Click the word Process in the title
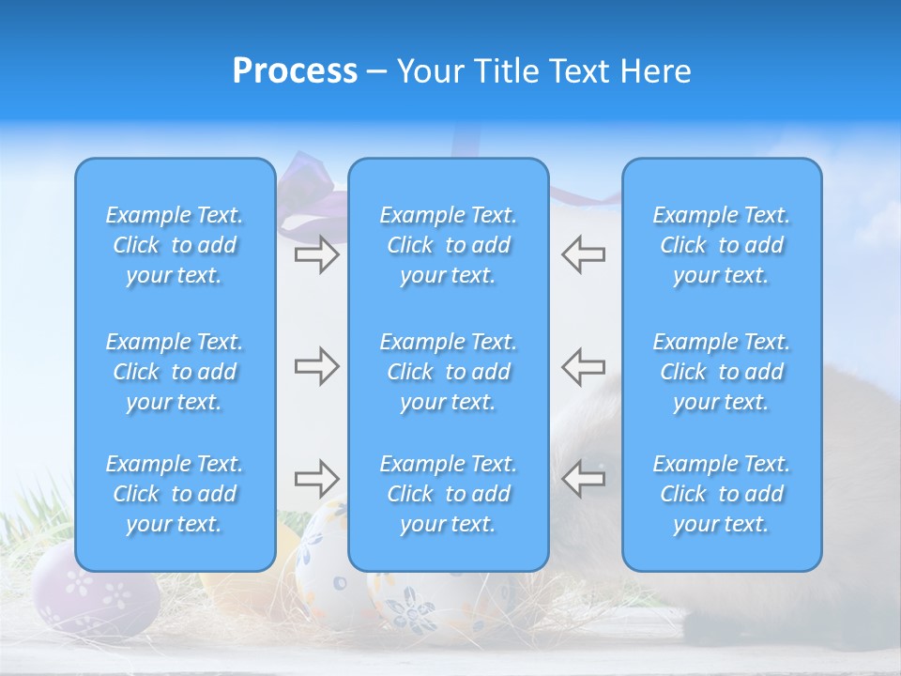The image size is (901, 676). (x=295, y=71)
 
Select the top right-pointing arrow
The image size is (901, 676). (x=316, y=254)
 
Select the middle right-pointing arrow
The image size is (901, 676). (x=316, y=366)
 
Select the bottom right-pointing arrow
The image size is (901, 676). (x=316, y=479)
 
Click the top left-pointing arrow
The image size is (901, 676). (x=583, y=254)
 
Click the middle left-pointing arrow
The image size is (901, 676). (x=583, y=366)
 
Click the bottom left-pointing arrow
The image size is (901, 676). (x=583, y=479)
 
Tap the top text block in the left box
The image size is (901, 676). (x=175, y=245)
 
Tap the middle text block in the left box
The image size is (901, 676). (x=175, y=372)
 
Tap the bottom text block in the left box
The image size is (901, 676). (x=175, y=494)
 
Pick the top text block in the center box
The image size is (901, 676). (x=448, y=245)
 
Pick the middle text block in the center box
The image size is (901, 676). (x=448, y=372)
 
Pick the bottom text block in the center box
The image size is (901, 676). (x=448, y=494)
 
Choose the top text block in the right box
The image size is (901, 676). (x=721, y=245)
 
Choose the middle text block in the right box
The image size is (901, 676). (x=721, y=372)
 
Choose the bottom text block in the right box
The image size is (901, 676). (x=721, y=494)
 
